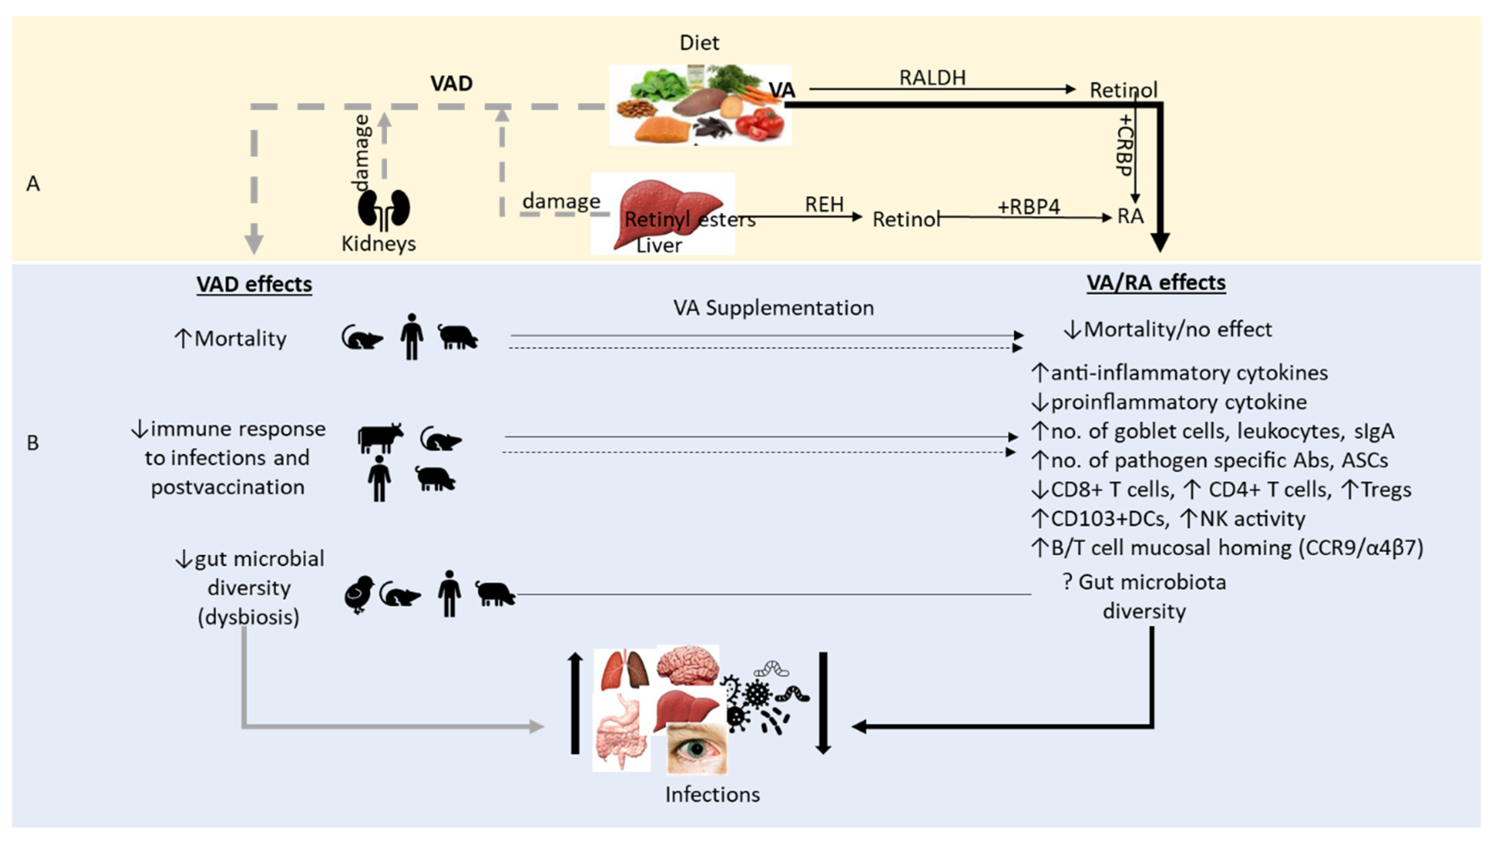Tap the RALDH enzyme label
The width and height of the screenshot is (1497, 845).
pyautogui.click(x=932, y=77)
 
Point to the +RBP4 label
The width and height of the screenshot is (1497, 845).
pyautogui.click(x=1028, y=206)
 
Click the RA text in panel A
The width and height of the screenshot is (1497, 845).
pyautogui.click(x=1130, y=216)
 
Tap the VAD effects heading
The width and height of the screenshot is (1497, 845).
pyautogui.click(x=254, y=284)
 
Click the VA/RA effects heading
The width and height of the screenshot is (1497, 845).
pyautogui.click(x=1156, y=283)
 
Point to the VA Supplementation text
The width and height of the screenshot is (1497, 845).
pyautogui.click(x=773, y=308)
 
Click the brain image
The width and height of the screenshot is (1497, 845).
pyautogui.click(x=688, y=665)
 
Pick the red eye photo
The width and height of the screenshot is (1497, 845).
pyautogui.click(x=696, y=749)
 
